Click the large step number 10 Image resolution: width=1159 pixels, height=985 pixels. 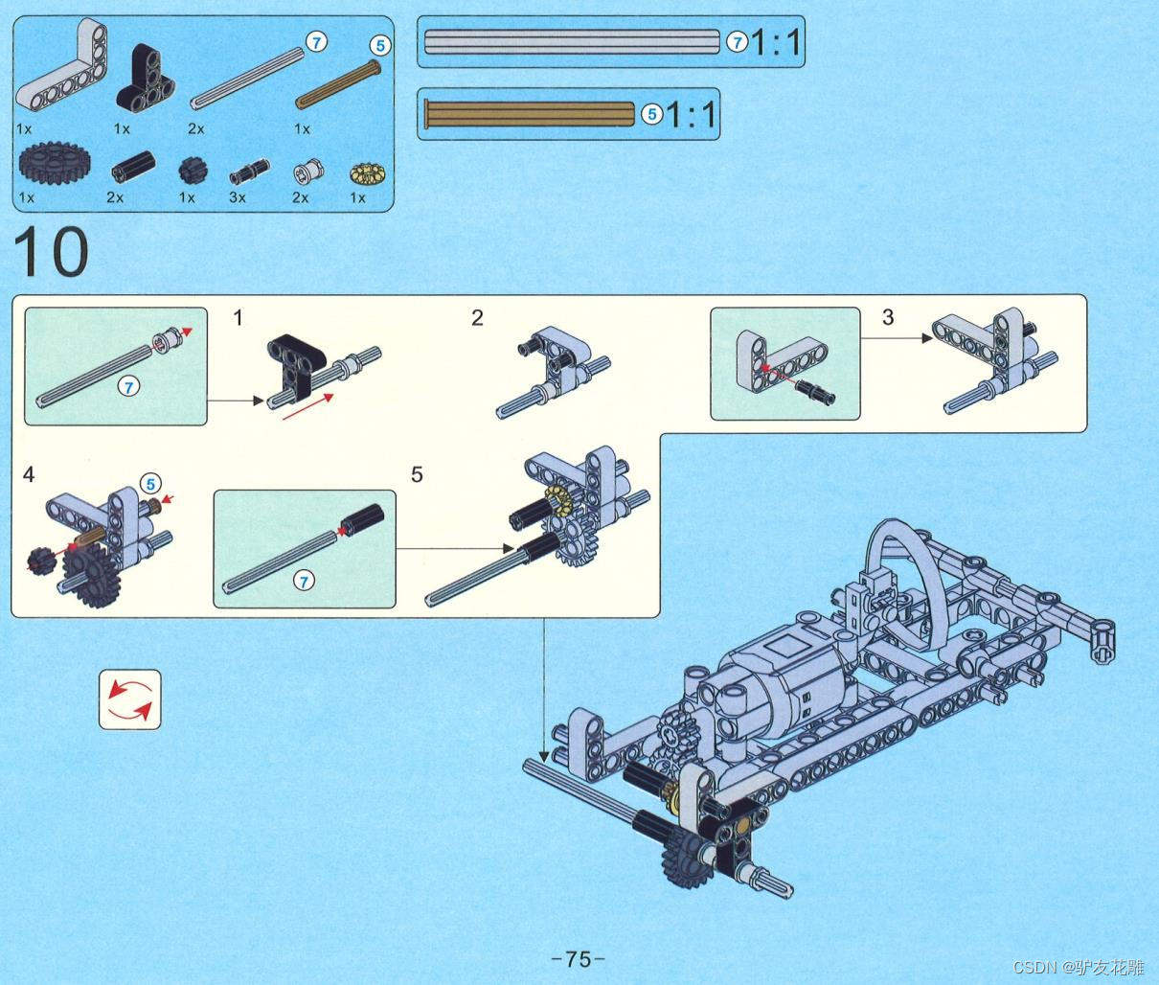click(x=51, y=251)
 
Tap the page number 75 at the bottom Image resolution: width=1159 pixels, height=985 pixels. click(x=579, y=958)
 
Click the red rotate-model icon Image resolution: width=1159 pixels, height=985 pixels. click(x=130, y=699)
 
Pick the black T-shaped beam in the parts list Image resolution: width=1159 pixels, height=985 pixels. click(x=145, y=79)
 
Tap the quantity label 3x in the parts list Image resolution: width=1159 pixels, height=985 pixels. click(x=238, y=197)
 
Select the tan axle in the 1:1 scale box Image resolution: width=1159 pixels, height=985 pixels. click(x=530, y=114)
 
